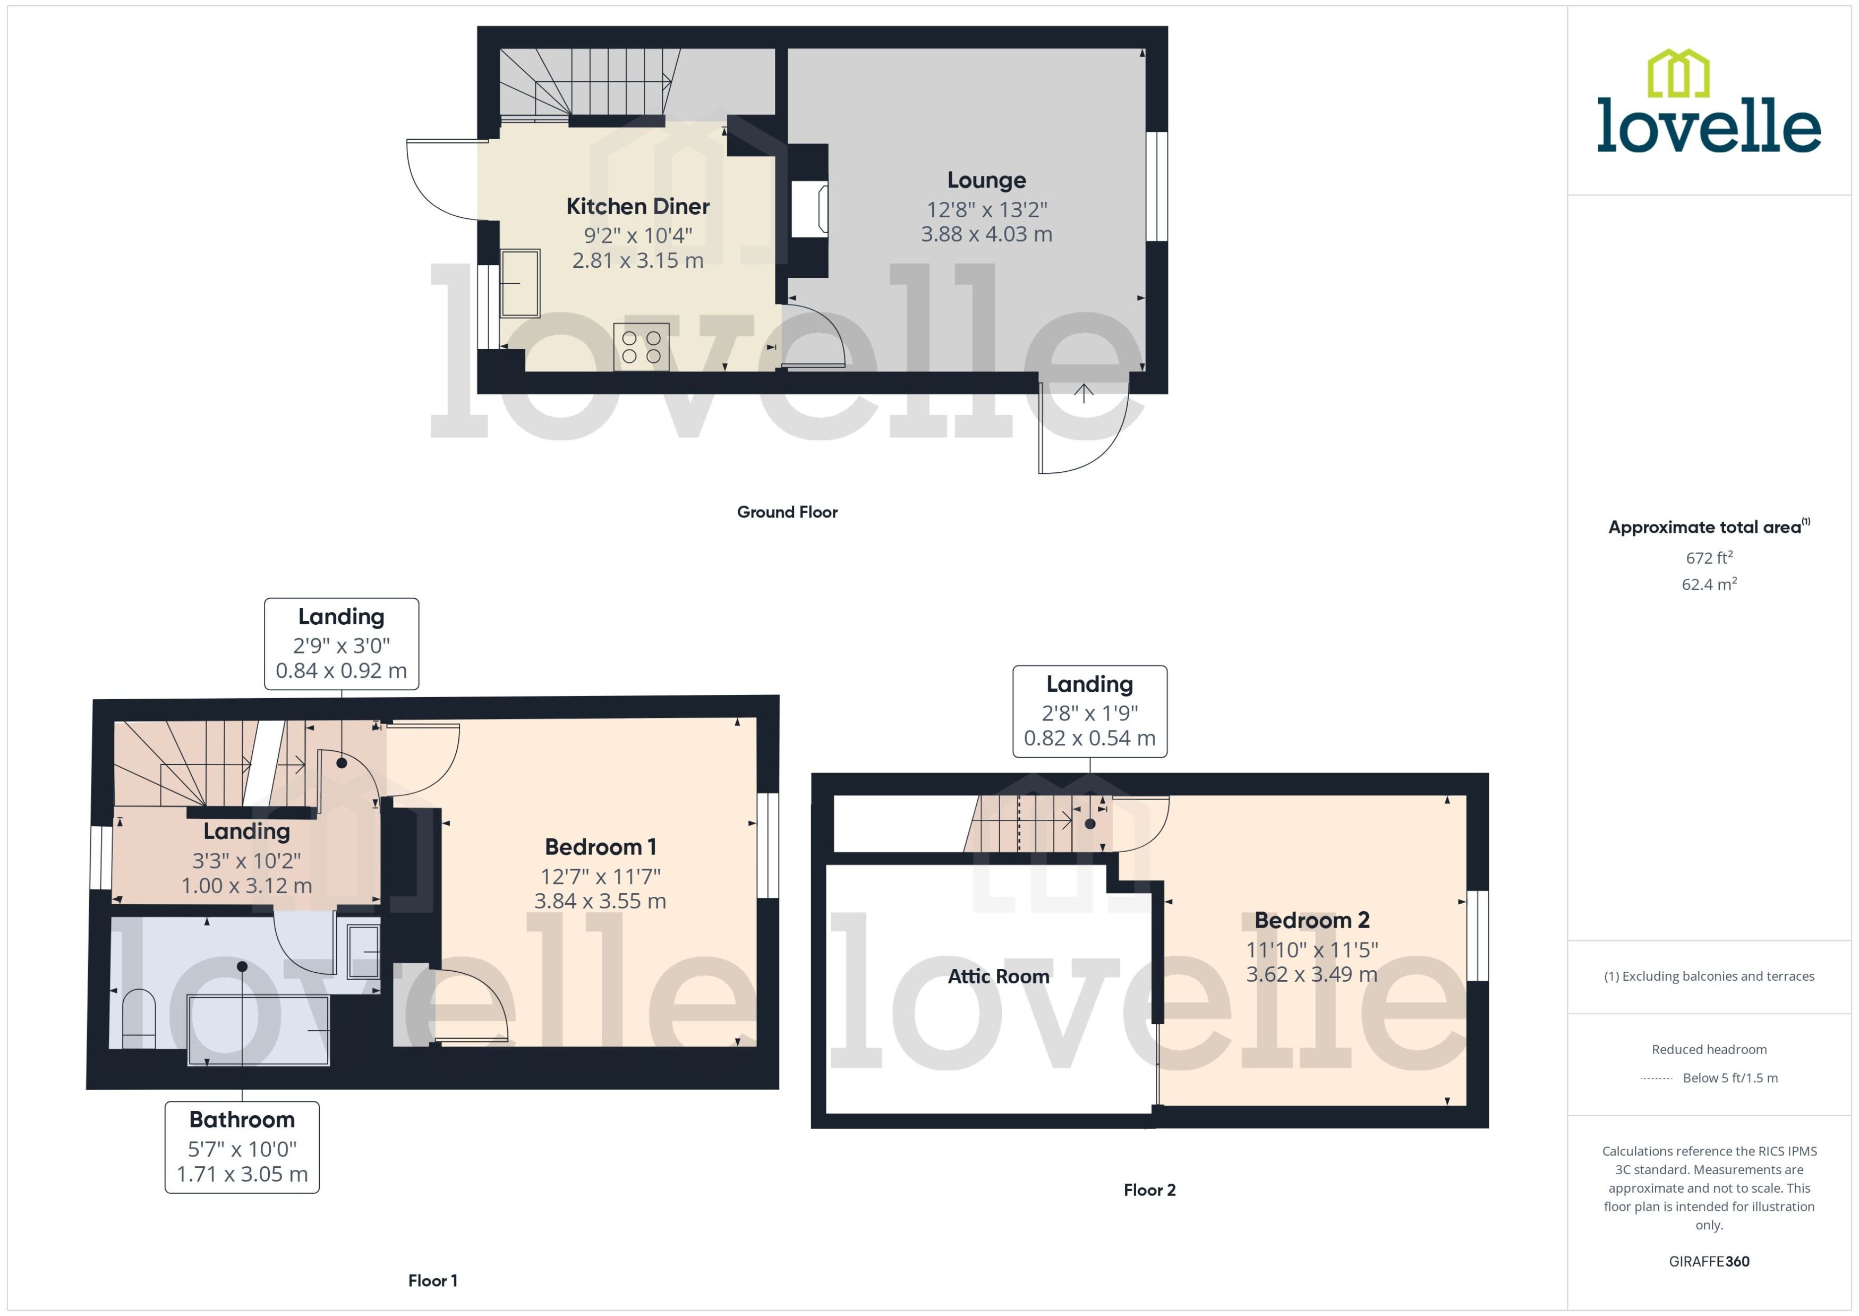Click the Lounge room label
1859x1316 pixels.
click(986, 180)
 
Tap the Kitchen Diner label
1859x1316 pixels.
click(637, 207)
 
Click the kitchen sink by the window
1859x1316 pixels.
click(519, 283)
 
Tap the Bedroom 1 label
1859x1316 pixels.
click(600, 847)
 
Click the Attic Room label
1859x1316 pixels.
click(998, 977)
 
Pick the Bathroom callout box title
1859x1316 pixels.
click(241, 1120)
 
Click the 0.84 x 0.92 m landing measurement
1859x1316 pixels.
click(341, 671)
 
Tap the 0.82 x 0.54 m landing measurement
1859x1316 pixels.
click(1089, 738)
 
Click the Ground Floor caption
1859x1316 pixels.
click(787, 512)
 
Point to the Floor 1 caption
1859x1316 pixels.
click(432, 1280)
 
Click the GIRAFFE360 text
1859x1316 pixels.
click(1708, 1262)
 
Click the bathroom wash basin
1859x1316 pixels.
click(363, 952)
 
